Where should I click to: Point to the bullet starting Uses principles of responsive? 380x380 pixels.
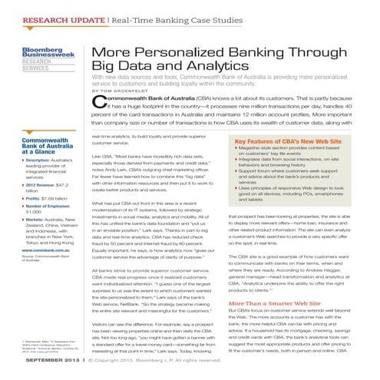click(295, 187)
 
